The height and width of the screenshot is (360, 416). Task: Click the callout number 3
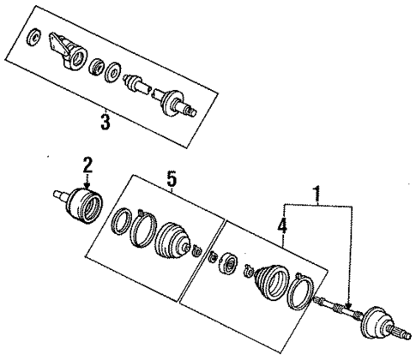[x=105, y=122]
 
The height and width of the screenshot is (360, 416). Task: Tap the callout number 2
[x=86, y=163]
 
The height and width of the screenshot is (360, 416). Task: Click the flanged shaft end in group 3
[x=176, y=101]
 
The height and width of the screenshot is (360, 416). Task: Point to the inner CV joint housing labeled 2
[x=84, y=205]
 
